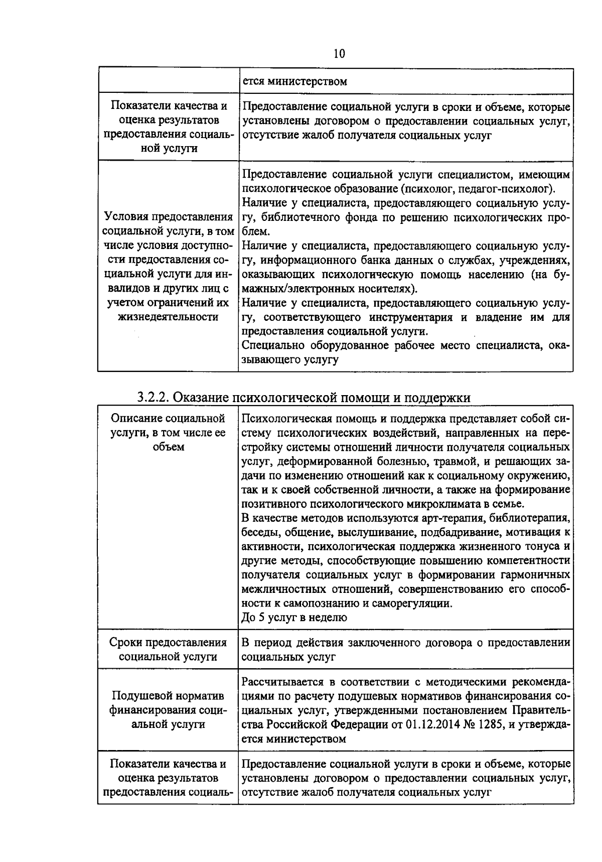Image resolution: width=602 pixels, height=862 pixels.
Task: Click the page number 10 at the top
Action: coord(339,53)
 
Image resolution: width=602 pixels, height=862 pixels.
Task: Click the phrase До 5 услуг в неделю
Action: coord(294,617)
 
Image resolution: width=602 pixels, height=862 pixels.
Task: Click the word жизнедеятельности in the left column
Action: coord(168,317)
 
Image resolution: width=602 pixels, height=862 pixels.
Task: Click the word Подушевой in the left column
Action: coord(136,696)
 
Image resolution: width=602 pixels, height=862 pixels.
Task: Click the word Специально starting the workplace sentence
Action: coord(269,345)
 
